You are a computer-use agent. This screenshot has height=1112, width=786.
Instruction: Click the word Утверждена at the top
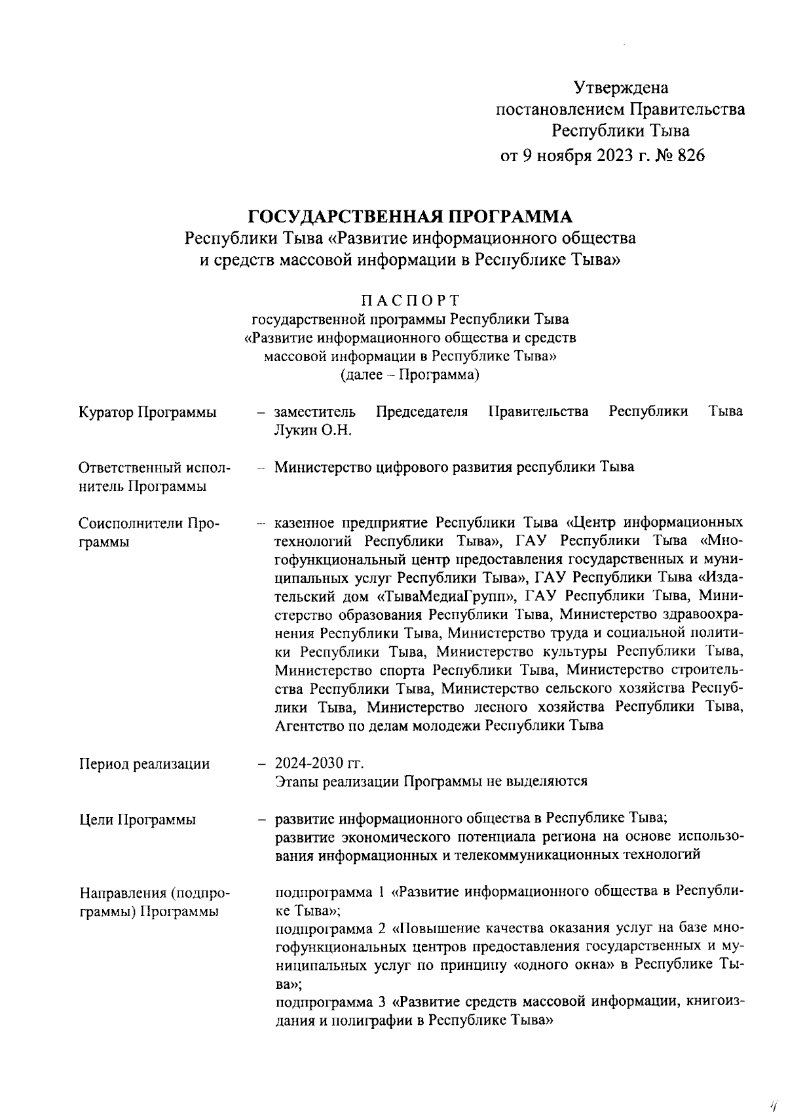[620, 87]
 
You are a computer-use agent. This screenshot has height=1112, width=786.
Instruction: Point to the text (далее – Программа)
[410, 375]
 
